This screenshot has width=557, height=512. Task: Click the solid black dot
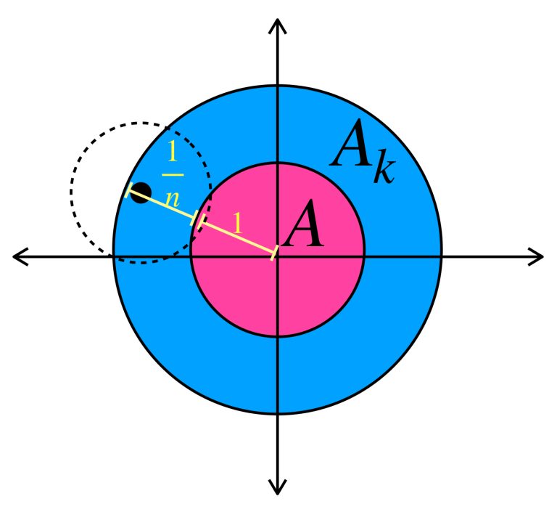click(141, 193)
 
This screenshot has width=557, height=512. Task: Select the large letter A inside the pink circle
click(303, 227)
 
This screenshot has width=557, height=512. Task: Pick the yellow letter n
click(173, 198)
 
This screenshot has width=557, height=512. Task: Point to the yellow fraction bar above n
click(173, 175)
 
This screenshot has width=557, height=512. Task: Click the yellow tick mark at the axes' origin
click(275, 253)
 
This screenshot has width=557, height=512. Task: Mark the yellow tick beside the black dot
click(130, 191)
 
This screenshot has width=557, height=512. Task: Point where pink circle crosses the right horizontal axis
click(364, 256)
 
